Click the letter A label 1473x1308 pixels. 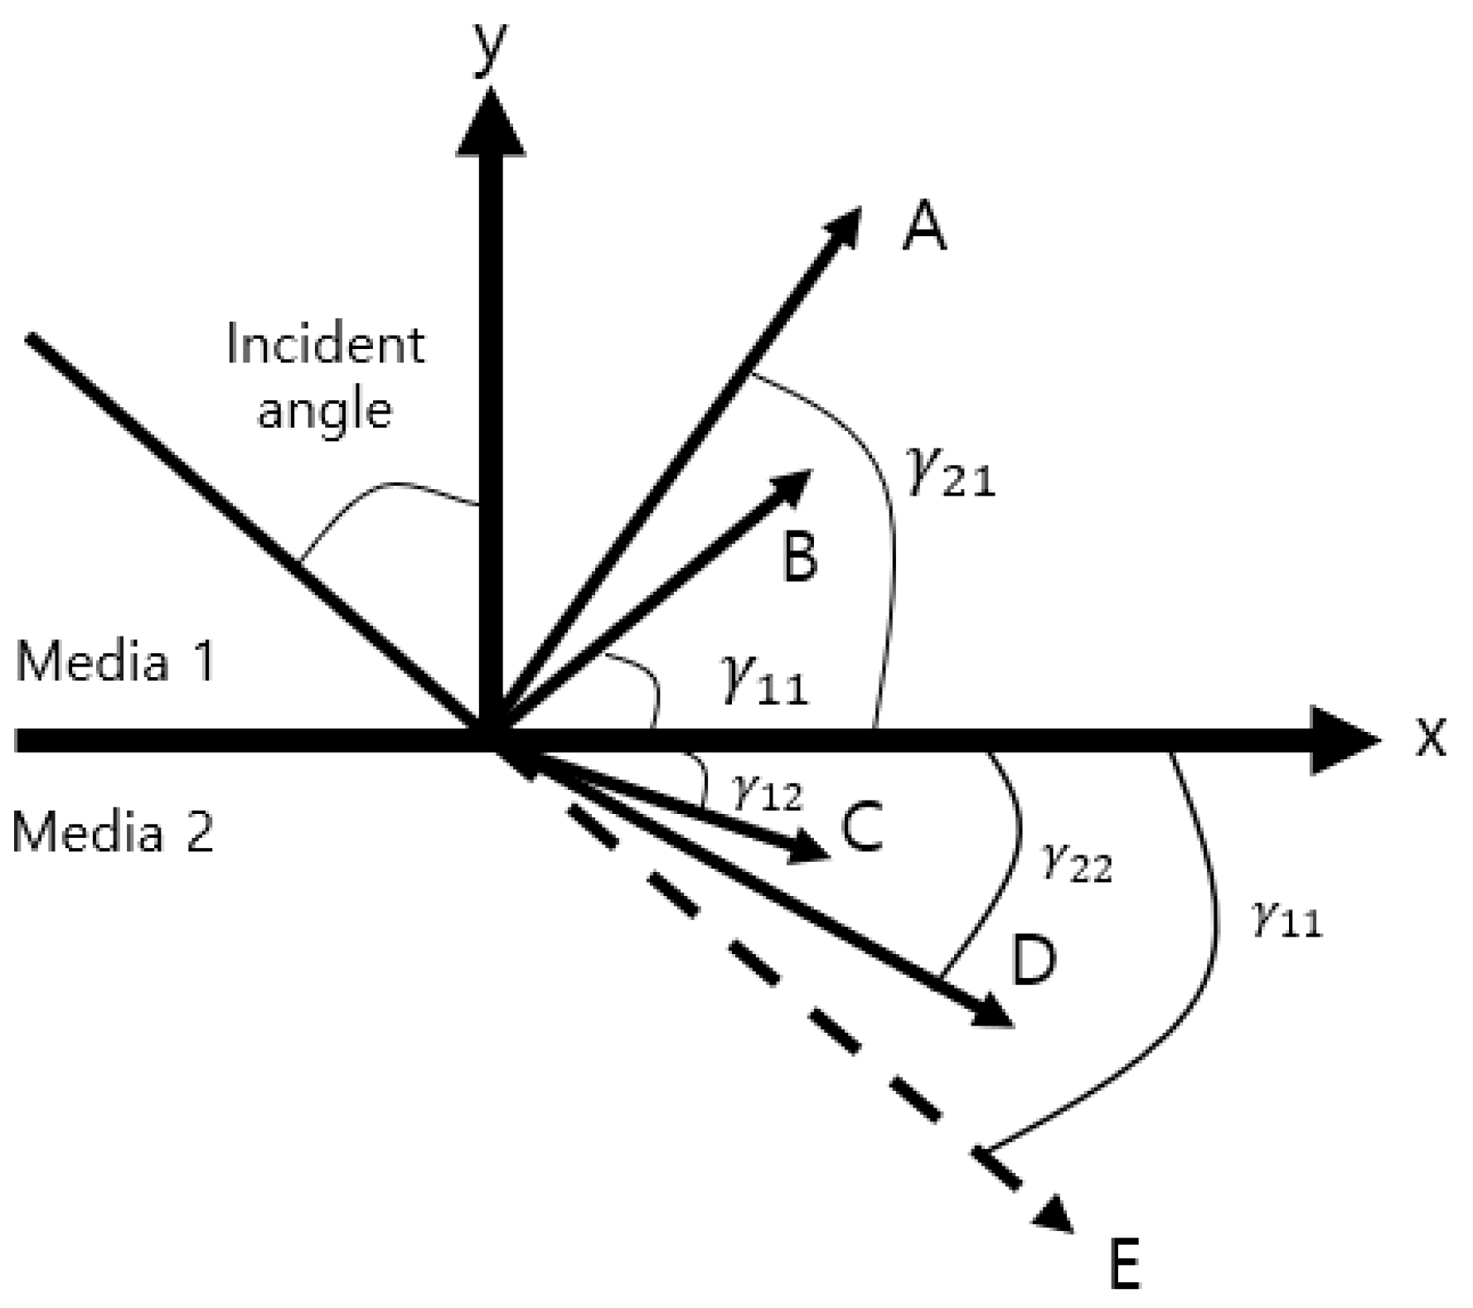click(924, 229)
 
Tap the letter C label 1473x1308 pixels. click(862, 829)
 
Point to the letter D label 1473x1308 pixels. click(1032, 961)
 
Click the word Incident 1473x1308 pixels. click(325, 344)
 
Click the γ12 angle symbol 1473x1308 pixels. click(767, 794)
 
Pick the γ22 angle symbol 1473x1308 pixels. click(1076, 864)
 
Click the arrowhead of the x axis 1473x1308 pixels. click(1343, 739)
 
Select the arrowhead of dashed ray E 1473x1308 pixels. click(1054, 1215)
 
